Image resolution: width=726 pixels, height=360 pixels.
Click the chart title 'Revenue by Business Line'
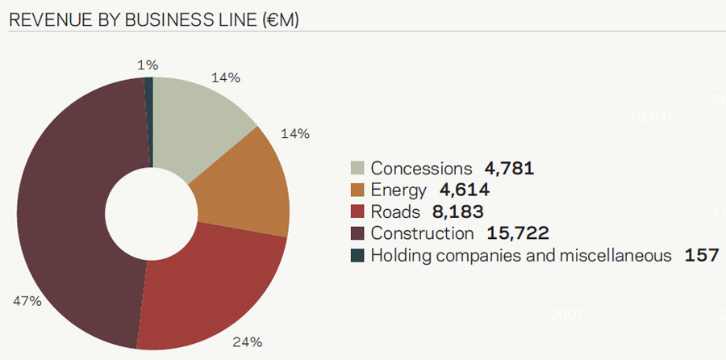pyautogui.click(x=153, y=19)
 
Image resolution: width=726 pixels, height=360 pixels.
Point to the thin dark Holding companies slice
pyautogui.click(x=148, y=122)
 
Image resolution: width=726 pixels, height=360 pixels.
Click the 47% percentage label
pyautogui.click(x=26, y=301)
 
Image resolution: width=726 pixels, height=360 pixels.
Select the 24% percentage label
pyautogui.click(x=248, y=341)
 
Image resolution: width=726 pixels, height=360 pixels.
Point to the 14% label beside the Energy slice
pyautogui.click(x=294, y=133)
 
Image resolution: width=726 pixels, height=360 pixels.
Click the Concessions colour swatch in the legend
pyautogui.click(x=357, y=169)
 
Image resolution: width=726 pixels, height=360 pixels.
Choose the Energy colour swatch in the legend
pyautogui.click(x=357, y=190)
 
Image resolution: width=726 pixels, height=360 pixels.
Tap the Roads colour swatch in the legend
pyautogui.click(x=357, y=212)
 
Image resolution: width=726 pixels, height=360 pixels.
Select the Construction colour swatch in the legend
pyautogui.click(x=357, y=234)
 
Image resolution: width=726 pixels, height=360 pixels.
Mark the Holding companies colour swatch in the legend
pyautogui.click(x=357, y=256)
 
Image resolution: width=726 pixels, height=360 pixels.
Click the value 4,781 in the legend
pyautogui.click(x=509, y=169)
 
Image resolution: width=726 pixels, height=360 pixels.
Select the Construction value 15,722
pyautogui.click(x=518, y=234)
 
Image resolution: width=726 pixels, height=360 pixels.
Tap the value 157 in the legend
pyautogui.click(x=701, y=256)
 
